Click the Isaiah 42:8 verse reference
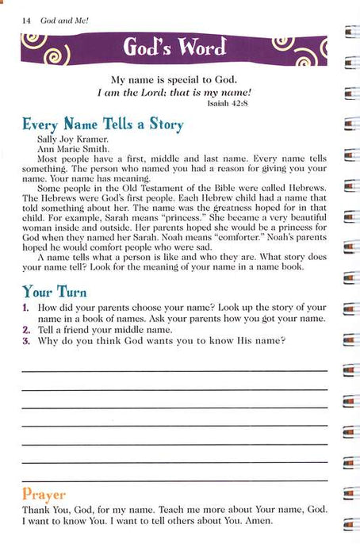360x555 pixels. [304, 104]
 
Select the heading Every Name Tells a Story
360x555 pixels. [102, 124]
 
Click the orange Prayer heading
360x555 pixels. [44, 494]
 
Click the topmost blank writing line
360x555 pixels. [174, 370]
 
